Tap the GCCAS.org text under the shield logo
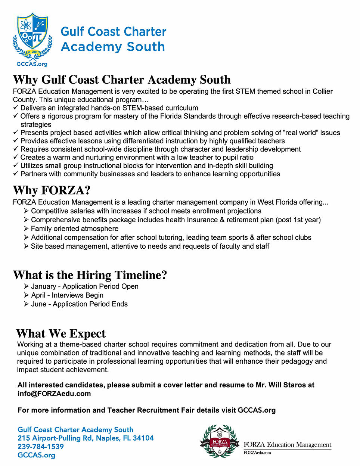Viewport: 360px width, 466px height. pyautogui.click(x=32, y=64)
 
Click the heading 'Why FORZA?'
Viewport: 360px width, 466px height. pyautogui.click(x=52, y=190)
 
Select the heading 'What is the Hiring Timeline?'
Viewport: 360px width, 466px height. pyautogui.click(x=90, y=275)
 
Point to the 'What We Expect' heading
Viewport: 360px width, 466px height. pyautogui.click(x=61, y=333)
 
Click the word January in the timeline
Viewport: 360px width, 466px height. pyautogui.click(x=43, y=286)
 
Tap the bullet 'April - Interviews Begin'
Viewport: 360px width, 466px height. pyautogui.click(x=67, y=295)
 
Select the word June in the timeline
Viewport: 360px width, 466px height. pyautogui.click(x=38, y=304)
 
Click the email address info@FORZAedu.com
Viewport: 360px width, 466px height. pyautogui.click(x=54, y=394)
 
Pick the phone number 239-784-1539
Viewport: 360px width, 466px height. pyautogui.click(x=41, y=447)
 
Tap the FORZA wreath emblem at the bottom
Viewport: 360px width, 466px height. pyautogui.click(x=220, y=441)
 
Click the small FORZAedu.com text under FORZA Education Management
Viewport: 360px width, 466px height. pyautogui.click(x=257, y=453)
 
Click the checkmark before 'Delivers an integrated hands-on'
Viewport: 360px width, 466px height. pyautogui.click(x=16, y=108)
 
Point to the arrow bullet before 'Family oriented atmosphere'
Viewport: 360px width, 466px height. pyautogui.click(x=26, y=229)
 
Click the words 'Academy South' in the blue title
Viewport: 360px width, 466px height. pyautogui.click(x=113, y=47)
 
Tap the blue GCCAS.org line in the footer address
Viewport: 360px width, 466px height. pyautogui.click(x=36, y=455)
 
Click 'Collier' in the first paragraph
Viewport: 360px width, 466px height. pyautogui.click(x=322, y=91)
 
